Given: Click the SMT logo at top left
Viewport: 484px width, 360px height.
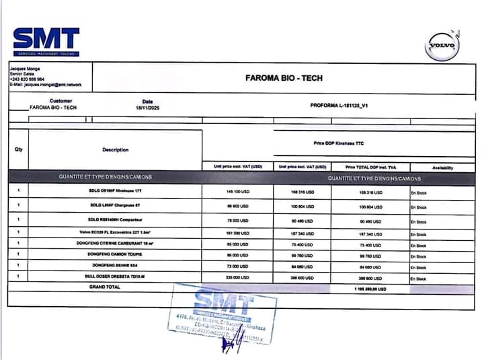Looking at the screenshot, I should pyautogui.click(x=46, y=41).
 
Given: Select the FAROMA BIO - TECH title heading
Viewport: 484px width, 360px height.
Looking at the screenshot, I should pyautogui.click(x=283, y=78).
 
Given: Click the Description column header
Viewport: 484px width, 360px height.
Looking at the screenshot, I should pyautogui.click(x=115, y=149).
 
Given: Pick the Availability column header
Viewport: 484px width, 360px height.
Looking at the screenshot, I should pyautogui.click(x=442, y=167).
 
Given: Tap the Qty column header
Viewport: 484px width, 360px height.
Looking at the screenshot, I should pyautogui.click(x=18, y=149).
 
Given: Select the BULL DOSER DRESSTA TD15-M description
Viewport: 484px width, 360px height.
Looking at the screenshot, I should pyautogui.click(x=114, y=276).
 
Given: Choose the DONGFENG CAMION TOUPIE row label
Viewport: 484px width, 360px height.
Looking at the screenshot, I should pyautogui.click(x=114, y=254).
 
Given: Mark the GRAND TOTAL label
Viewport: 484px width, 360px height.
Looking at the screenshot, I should pyautogui.click(x=105, y=287).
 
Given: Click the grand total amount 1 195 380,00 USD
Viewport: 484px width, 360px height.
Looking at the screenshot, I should pyautogui.click(x=369, y=288).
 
